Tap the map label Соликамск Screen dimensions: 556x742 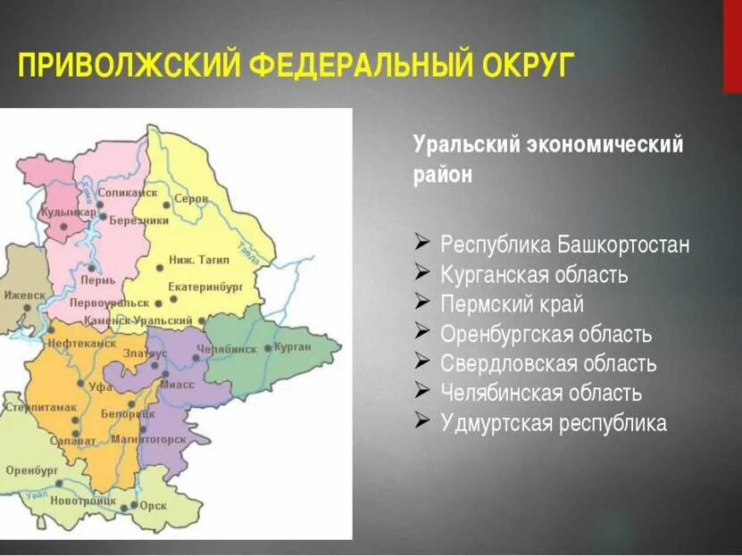point(128,192)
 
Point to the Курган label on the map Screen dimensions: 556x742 point(292,346)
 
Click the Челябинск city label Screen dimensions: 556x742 point(227,349)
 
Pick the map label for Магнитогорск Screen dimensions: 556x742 point(148,439)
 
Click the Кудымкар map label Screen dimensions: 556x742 point(68,212)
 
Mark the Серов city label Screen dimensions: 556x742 point(191,198)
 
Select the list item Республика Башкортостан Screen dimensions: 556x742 point(565,245)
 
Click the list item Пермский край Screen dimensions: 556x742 point(513,304)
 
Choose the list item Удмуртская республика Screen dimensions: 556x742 point(554,423)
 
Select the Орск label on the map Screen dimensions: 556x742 point(154,504)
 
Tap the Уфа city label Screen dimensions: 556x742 point(100,386)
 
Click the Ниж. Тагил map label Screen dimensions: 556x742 point(199,260)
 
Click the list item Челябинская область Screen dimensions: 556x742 point(541,394)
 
